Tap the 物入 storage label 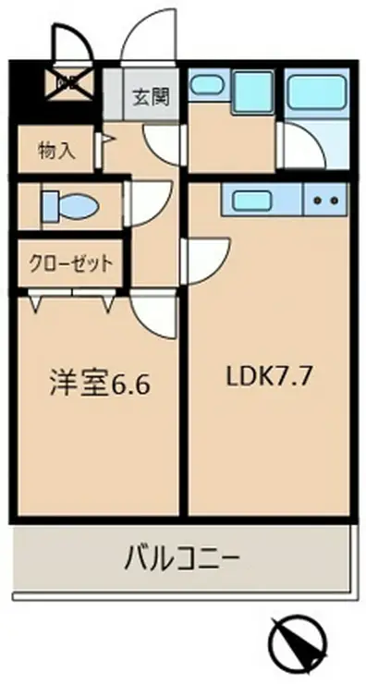point(57,150)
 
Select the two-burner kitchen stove point(323,199)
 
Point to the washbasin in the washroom point(204,87)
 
